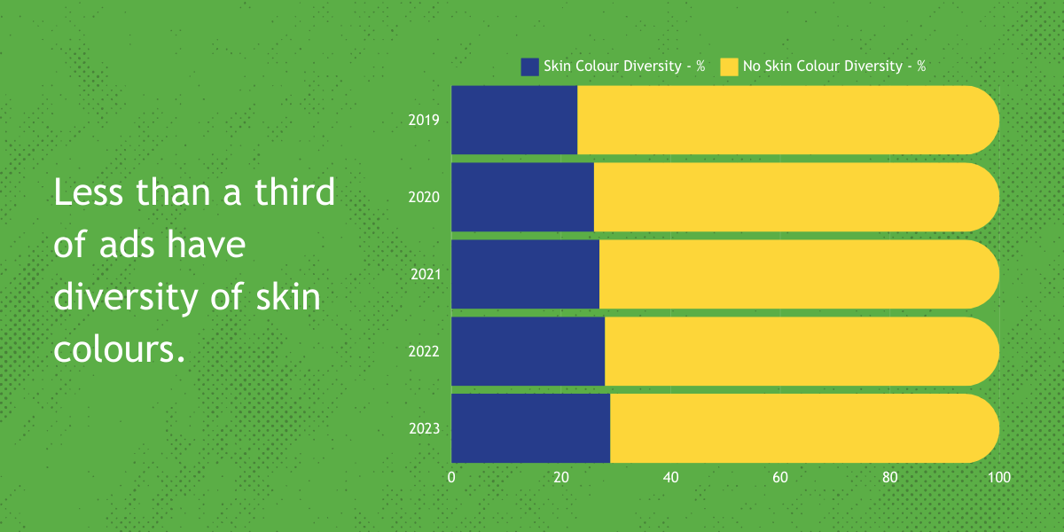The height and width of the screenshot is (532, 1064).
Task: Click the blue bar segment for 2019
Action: [x=514, y=121]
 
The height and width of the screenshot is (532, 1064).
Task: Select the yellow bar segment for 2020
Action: [x=796, y=197]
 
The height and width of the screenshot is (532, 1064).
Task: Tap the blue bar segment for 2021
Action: [x=525, y=274]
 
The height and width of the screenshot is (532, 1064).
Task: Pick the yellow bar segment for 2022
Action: [x=802, y=351]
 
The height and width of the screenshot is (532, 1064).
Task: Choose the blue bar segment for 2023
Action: [x=530, y=428]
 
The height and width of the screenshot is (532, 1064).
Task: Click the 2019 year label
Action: [x=424, y=121]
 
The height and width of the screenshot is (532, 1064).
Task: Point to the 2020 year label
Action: [x=424, y=197]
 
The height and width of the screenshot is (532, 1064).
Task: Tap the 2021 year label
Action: [x=426, y=274]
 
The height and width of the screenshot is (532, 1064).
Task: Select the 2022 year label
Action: [x=424, y=351]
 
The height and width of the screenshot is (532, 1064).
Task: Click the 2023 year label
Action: [x=424, y=428]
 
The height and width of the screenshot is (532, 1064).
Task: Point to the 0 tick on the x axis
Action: [x=451, y=477]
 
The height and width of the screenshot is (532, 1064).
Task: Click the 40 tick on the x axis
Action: [x=670, y=477]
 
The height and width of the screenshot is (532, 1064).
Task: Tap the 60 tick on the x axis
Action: [x=780, y=477]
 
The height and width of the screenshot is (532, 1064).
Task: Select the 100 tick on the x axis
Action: [x=999, y=477]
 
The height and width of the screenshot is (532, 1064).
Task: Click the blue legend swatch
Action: [x=529, y=67]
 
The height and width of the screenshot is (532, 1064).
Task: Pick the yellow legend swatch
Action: [x=729, y=67]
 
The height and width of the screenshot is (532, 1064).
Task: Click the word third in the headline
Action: [x=295, y=192]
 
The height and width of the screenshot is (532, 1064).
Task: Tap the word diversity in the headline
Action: [x=125, y=297]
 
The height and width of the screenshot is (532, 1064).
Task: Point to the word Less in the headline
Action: [x=89, y=192]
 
